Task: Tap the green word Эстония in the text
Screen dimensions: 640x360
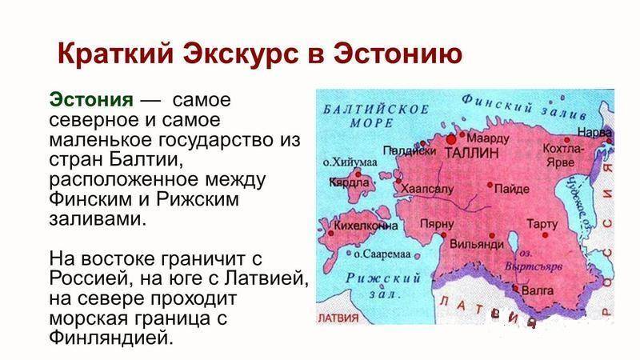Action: point(91,99)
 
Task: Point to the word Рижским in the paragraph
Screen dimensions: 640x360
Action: point(197,199)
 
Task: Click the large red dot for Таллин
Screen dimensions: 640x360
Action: point(451,139)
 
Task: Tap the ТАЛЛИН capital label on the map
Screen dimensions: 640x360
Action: point(471,153)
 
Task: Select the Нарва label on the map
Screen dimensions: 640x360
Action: point(595,132)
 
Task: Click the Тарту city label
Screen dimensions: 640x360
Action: point(542,224)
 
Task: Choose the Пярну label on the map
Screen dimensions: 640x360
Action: point(437,224)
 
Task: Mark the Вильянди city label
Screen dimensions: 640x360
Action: point(477,244)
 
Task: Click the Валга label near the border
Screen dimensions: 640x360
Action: point(538,290)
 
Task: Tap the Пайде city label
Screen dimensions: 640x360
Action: point(512,189)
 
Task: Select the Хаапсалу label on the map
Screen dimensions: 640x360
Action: point(427,189)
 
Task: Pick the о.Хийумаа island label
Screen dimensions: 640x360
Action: point(350,162)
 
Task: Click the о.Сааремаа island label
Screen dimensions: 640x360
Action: point(382,254)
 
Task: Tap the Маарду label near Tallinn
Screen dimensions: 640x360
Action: point(488,138)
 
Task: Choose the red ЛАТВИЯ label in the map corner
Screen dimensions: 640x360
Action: point(338,318)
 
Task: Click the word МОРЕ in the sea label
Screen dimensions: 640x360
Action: point(371,123)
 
